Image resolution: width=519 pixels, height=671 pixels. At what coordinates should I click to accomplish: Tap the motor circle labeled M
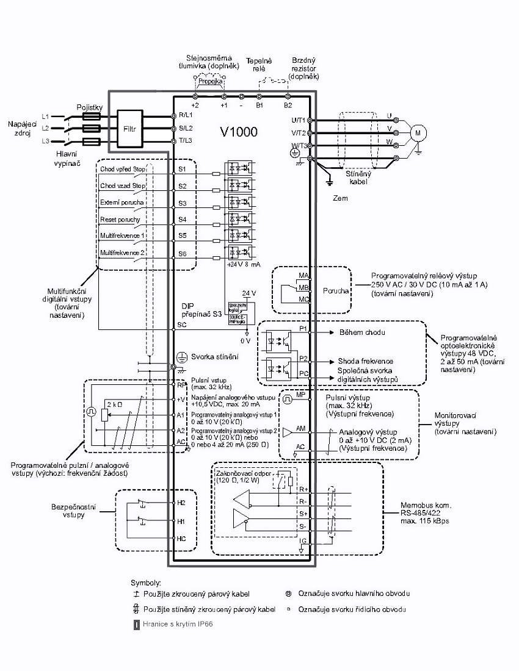click(418, 132)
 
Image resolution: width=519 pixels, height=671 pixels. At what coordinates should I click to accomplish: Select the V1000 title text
click(239, 132)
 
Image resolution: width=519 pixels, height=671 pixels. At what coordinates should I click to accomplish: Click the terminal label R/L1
click(185, 115)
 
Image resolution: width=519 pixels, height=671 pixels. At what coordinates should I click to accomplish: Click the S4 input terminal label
click(182, 218)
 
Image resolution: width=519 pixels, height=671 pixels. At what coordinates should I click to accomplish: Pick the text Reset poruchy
click(120, 219)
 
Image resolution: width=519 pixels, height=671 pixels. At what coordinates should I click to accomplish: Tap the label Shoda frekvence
click(365, 361)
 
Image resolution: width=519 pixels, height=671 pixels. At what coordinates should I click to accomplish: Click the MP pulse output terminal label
click(300, 395)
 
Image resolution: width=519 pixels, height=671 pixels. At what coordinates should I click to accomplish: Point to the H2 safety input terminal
click(181, 503)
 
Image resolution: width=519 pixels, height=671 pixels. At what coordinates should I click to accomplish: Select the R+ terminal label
click(303, 489)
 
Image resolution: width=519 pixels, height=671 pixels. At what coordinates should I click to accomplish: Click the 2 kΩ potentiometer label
click(114, 404)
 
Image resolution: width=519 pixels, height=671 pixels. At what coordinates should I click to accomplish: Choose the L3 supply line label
click(45, 142)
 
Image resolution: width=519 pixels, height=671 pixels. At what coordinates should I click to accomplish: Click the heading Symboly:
click(146, 583)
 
